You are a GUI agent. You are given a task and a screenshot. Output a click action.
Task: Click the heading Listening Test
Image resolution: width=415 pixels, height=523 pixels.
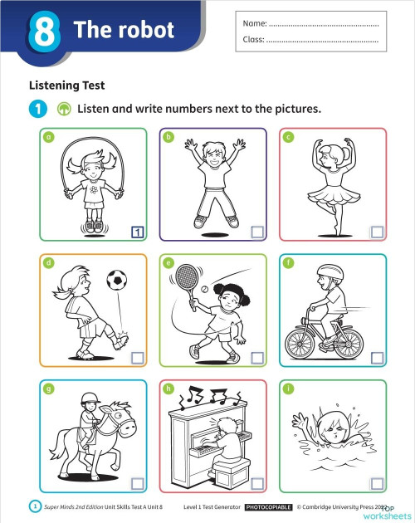(x=66, y=85)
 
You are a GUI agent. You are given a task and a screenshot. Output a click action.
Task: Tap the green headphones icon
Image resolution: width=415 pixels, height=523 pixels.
(x=62, y=109)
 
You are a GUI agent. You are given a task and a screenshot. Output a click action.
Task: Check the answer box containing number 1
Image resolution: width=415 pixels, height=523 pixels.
(x=138, y=232)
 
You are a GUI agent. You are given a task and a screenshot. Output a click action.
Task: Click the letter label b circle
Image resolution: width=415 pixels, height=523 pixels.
(x=168, y=137)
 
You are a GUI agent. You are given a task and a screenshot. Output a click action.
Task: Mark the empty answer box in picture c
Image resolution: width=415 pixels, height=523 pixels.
(x=377, y=232)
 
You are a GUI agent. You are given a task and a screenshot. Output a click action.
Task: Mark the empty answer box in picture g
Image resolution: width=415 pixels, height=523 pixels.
(x=138, y=483)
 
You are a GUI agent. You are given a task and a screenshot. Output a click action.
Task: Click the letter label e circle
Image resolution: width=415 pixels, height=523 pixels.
(x=168, y=263)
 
